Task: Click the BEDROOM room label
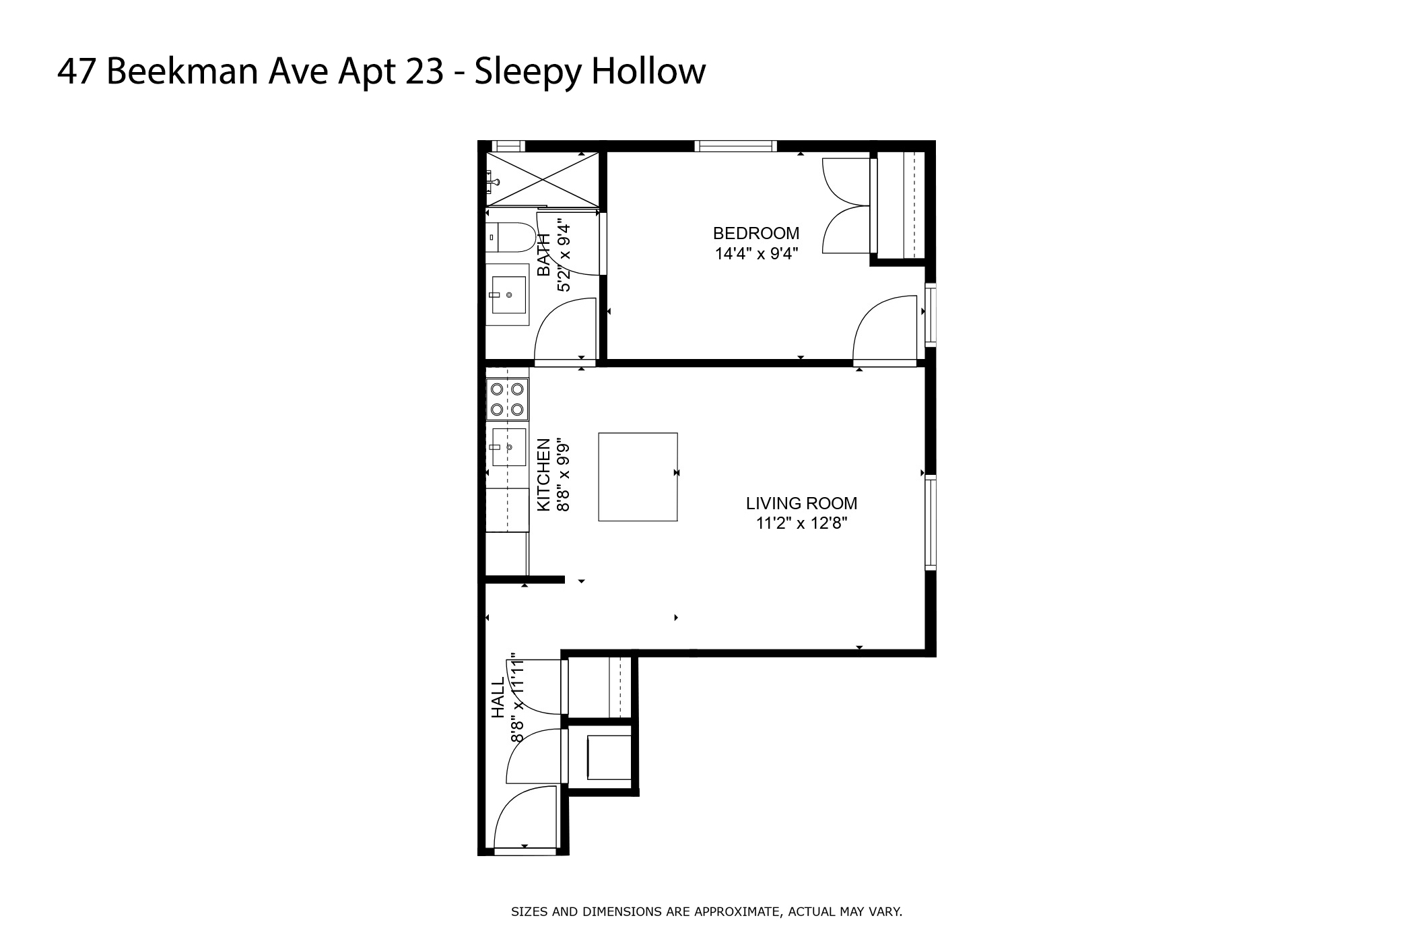[x=755, y=233]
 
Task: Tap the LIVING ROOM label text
[x=801, y=503]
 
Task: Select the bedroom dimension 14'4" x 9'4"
[x=755, y=254]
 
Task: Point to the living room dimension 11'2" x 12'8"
[x=801, y=523]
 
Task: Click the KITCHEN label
[x=544, y=474]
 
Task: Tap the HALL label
[x=498, y=698]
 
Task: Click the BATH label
[x=544, y=255]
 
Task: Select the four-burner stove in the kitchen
[x=507, y=399]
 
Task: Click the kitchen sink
[x=508, y=447]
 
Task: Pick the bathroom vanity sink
[x=508, y=295]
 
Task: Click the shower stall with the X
[x=542, y=178]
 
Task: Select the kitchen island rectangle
[x=638, y=477]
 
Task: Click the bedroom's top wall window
[x=735, y=145]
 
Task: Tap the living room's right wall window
[x=931, y=522]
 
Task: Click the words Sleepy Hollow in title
[x=590, y=71]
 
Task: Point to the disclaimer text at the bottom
[x=706, y=912]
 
